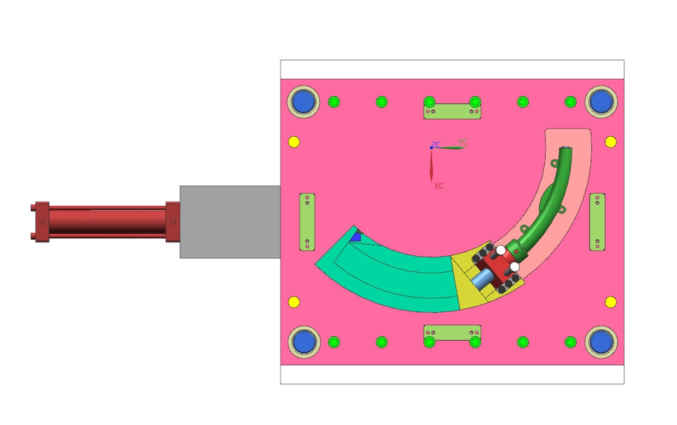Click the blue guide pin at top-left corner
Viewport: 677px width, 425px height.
(304, 101)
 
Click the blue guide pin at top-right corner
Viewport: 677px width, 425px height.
(601, 101)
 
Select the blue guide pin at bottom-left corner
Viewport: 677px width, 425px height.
(304, 342)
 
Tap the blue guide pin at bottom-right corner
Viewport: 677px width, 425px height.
(601, 342)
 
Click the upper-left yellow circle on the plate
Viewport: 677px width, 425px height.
(294, 142)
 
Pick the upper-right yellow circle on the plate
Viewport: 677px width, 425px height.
(611, 142)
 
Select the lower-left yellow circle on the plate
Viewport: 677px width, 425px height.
(294, 302)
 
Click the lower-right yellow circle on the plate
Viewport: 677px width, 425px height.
(611, 302)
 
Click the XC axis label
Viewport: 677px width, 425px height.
(439, 186)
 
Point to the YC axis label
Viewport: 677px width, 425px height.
(463, 142)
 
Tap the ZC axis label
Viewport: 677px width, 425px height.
(436, 144)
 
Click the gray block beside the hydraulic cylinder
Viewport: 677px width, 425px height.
(229, 221)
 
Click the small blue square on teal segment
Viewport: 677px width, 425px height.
(356, 238)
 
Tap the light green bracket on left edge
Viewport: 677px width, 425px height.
(307, 221)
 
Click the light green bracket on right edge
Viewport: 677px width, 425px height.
(597, 221)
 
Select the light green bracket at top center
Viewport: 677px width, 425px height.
(452, 111)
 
